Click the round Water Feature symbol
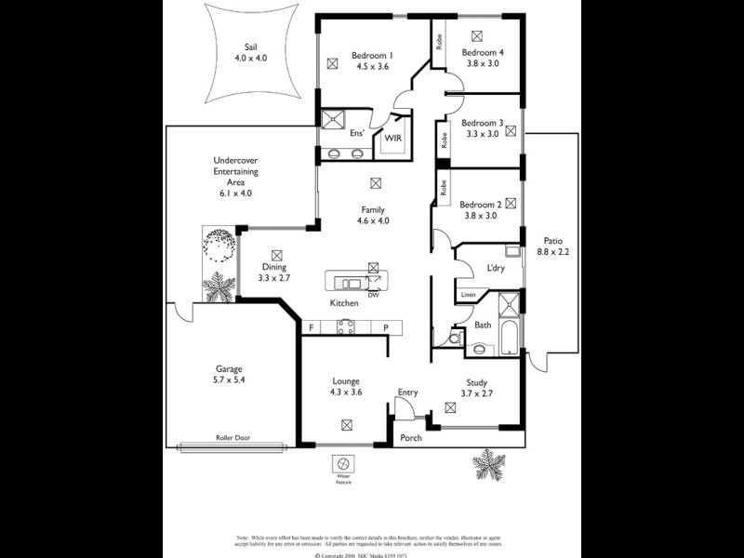pyautogui.click(x=342, y=463)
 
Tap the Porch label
pyautogui.click(x=410, y=437)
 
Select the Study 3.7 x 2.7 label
pyautogui.click(x=483, y=386)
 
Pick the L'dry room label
pyautogui.click(x=496, y=269)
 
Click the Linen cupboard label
pyautogui.click(x=470, y=296)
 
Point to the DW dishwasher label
pyautogui.click(x=373, y=296)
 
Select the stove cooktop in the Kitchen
pyautogui.click(x=346, y=326)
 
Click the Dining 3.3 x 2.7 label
pyautogui.click(x=274, y=272)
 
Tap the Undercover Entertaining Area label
pyautogui.click(x=235, y=176)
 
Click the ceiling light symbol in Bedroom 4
pyautogui.click(x=477, y=35)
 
